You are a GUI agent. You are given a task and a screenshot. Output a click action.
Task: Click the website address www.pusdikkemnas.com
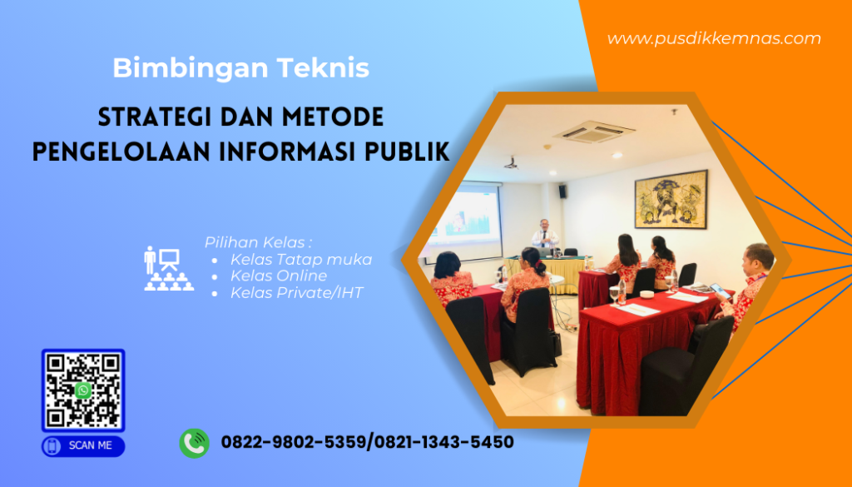tap(713, 38)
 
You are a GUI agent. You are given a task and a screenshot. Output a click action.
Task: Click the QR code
tap(83, 390)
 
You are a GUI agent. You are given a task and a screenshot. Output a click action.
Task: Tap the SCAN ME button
tap(83, 445)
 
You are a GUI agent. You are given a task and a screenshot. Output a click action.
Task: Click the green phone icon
tap(194, 443)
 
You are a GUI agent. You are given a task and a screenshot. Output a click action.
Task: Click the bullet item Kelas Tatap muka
tap(300, 260)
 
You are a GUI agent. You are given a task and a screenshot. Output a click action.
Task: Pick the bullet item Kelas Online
tap(278, 276)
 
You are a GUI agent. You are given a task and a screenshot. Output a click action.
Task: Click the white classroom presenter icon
tap(168, 268)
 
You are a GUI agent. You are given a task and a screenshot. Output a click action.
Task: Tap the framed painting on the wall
tap(670, 200)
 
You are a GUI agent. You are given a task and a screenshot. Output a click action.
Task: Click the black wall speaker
tap(562, 191)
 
